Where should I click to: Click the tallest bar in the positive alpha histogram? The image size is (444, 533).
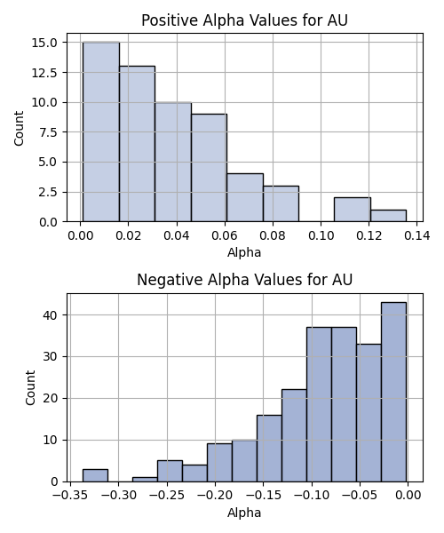point(101,131)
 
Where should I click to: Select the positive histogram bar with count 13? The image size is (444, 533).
point(137,144)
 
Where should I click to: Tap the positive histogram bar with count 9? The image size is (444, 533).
point(209,168)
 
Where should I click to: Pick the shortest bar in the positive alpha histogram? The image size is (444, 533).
point(388,216)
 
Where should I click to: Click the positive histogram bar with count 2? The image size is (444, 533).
point(353,210)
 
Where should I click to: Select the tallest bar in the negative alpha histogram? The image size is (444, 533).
point(393,392)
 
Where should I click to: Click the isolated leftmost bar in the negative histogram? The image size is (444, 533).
point(95,475)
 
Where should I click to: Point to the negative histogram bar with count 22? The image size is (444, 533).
point(294,436)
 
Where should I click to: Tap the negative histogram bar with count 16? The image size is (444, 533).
point(269,449)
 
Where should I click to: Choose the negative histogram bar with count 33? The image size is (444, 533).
point(369,413)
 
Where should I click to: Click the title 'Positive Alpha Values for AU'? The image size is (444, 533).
point(244,20)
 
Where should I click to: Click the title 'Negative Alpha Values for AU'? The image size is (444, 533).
point(244,280)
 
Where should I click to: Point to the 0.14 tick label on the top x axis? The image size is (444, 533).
point(417,235)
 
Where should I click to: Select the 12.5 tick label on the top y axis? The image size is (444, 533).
point(44,73)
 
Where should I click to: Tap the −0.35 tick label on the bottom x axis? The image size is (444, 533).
point(70,496)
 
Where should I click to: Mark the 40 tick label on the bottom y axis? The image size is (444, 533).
point(51,315)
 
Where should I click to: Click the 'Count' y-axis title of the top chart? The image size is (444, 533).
point(19,128)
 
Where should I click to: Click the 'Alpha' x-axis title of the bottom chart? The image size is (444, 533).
point(244,513)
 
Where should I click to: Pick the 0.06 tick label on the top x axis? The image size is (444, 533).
point(225,235)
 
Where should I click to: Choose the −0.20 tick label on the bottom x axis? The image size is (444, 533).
point(215,496)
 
